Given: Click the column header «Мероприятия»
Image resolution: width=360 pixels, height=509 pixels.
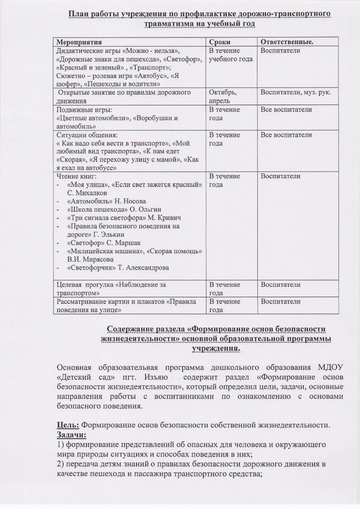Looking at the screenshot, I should (x=79, y=42).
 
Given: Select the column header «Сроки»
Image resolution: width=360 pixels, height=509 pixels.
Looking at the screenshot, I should (x=220, y=42).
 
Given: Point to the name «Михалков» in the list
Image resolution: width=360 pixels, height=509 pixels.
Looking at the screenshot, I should (x=92, y=193).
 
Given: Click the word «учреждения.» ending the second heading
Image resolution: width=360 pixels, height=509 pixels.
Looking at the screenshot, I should (x=216, y=348).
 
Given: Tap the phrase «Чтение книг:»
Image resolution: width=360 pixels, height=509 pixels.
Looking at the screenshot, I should (x=76, y=176).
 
